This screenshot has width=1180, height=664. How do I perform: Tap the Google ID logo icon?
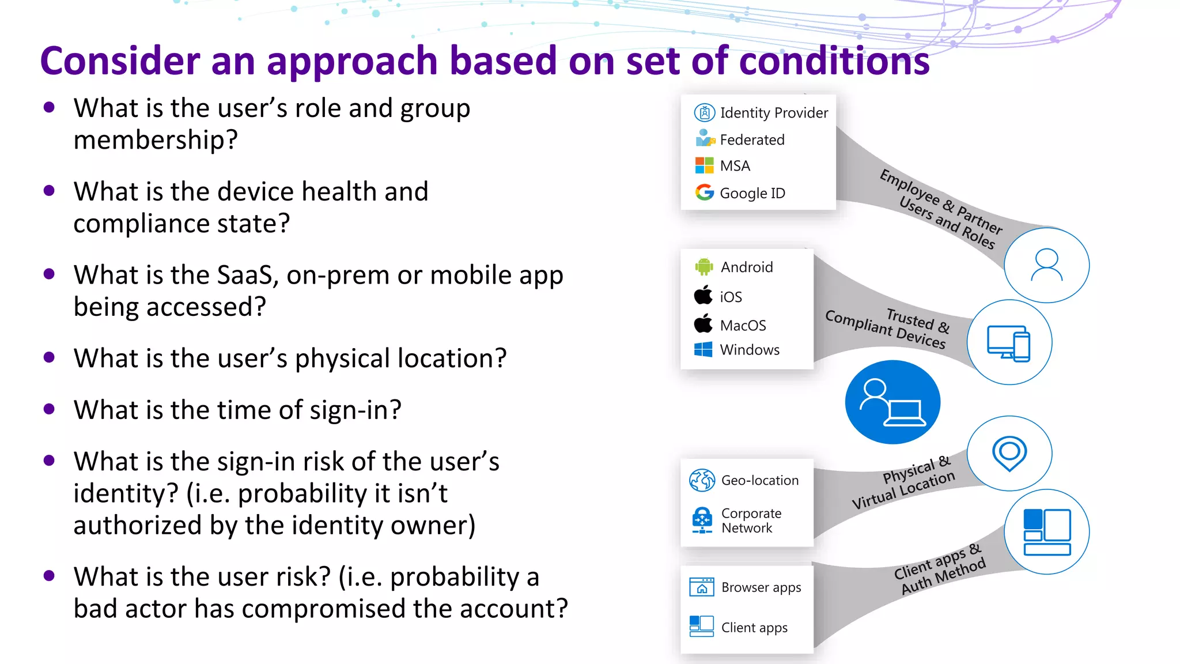click(x=704, y=193)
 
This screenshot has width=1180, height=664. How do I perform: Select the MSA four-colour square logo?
click(x=704, y=165)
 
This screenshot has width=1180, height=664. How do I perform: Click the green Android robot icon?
click(x=704, y=266)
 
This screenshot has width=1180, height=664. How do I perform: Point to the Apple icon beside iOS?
click(x=703, y=296)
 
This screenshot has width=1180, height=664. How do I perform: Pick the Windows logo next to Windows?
click(x=703, y=349)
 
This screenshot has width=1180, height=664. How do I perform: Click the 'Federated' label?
click(x=752, y=139)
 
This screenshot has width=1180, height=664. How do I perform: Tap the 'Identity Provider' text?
click(x=774, y=112)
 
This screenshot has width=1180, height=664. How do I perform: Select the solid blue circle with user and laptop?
click(x=892, y=402)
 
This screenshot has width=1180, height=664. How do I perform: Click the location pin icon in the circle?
click(x=1009, y=453)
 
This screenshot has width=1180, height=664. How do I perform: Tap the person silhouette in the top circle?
click(x=1046, y=265)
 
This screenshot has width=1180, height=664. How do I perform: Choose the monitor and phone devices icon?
click(x=1009, y=343)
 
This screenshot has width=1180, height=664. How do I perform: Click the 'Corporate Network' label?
click(x=751, y=520)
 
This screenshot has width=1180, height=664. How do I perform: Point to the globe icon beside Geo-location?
click(x=702, y=480)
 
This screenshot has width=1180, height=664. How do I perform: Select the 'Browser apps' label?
click(x=761, y=587)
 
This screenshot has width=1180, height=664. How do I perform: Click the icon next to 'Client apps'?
click(x=701, y=627)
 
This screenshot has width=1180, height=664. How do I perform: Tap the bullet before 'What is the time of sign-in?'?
click(x=49, y=409)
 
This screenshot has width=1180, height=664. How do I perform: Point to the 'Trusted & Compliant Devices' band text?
click(x=887, y=329)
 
